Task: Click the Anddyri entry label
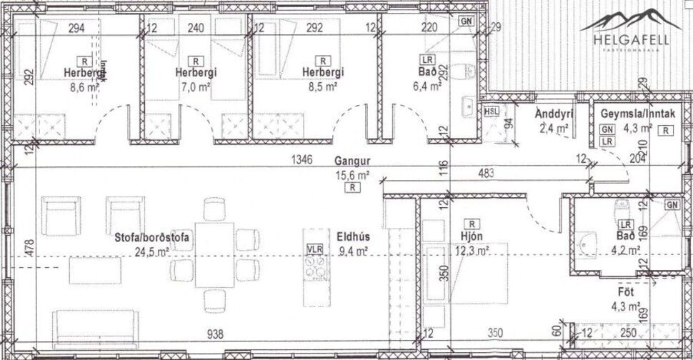point(552,114)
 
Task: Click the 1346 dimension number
point(301,161)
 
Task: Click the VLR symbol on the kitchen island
point(315,249)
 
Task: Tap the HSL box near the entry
point(491,111)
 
